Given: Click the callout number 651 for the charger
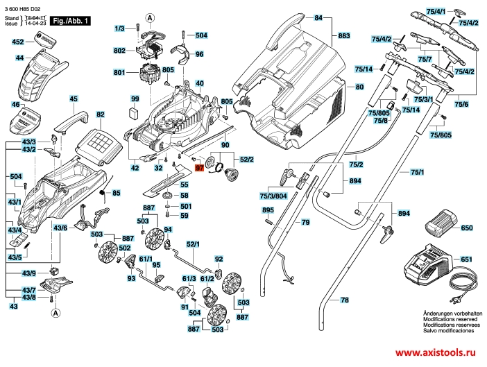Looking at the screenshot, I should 466,259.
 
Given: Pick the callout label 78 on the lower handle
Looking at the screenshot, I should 344,300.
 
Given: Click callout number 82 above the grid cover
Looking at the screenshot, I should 100,114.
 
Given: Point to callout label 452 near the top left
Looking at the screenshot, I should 19,42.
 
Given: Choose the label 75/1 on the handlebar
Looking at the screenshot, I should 417,171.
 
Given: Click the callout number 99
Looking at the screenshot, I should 135,99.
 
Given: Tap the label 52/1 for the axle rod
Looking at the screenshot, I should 192,244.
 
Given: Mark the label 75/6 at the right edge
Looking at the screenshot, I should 461,103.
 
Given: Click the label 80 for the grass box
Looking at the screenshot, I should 359,87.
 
